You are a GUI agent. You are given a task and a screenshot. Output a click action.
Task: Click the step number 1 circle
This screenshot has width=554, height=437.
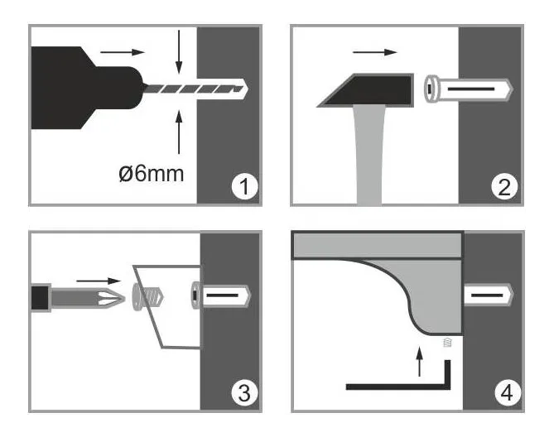(x=244, y=187)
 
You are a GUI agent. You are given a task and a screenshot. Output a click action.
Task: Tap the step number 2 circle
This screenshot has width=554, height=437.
(x=504, y=187)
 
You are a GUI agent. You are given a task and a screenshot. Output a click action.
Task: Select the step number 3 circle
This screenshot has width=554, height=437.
(x=244, y=392)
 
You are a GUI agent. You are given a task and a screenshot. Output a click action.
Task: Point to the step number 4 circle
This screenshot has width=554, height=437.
(x=508, y=392)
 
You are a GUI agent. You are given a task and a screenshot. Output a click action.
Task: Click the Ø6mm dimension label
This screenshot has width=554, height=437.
(x=152, y=174)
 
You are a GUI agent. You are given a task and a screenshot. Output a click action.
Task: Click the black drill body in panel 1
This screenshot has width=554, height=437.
(x=87, y=88)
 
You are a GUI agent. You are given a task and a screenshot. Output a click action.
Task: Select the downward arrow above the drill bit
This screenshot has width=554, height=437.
(x=179, y=52)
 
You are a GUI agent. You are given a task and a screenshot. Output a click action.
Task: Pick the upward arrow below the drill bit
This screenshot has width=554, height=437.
(x=179, y=132)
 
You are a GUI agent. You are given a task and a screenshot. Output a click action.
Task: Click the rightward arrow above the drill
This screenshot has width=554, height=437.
(x=123, y=52)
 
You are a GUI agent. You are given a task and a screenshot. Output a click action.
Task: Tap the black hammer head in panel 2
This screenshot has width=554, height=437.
(x=366, y=90)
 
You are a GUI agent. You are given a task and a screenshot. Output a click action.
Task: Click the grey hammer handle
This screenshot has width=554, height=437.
(x=369, y=156)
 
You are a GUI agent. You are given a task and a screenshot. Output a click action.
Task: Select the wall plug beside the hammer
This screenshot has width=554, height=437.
(x=469, y=89)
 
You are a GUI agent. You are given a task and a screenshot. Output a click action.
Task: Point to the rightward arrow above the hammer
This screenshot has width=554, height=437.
(x=375, y=52)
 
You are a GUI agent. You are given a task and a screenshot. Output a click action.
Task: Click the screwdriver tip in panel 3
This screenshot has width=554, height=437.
(x=112, y=298)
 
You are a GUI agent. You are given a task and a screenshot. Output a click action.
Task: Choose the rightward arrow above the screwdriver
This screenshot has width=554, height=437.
(x=99, y=281)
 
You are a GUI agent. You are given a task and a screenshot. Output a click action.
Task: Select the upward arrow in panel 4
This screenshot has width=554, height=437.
(x=419, y=362)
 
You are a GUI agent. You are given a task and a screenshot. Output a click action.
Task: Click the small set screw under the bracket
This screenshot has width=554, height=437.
(x=447, y=342)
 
